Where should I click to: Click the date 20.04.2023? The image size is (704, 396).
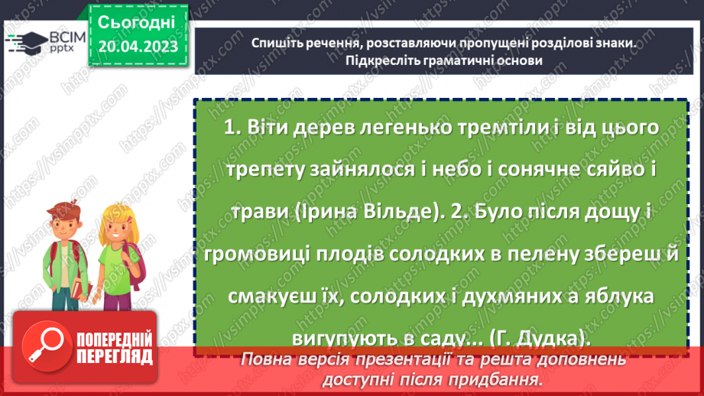138,48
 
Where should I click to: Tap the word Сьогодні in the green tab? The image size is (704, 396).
138,22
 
